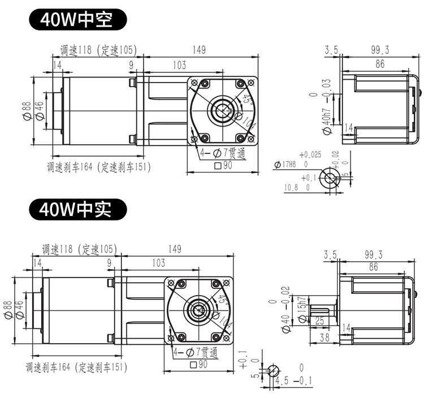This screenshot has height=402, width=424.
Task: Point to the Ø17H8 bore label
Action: (285, 165)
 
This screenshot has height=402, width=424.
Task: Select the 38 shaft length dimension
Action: (325, 338)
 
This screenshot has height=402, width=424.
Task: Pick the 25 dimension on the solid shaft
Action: (318, 321)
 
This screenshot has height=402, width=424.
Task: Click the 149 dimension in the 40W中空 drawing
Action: (198, 50)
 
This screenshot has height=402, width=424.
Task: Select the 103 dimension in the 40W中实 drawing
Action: (158, 263)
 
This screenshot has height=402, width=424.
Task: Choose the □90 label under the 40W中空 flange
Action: (224, 166)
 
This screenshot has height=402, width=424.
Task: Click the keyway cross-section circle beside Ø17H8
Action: (328, 178)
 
